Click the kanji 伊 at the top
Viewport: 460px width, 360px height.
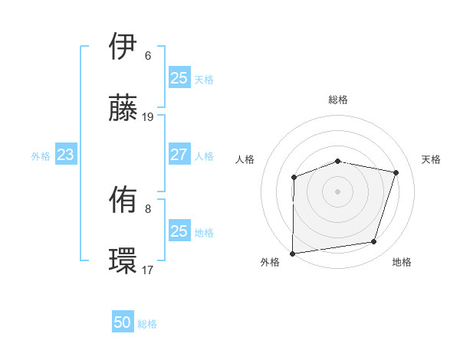pos(123,47)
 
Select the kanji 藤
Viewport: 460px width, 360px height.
pos(123,110)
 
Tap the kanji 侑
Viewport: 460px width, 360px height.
pos(123,201)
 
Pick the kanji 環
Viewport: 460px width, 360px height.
pos(123,263)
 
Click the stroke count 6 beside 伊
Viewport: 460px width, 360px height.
pos(147,56)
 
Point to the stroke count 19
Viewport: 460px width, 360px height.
pos(148,117)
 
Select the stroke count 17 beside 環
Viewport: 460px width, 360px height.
pos(148,270)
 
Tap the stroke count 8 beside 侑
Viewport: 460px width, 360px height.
pos(147,209)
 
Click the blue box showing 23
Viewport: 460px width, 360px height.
pos(65,155)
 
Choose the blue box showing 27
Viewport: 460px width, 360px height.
pos(179,155)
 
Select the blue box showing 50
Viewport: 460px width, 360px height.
pos(123,323)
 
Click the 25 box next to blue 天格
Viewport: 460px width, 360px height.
pos(179,78)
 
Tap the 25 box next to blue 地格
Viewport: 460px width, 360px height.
pos(179,231)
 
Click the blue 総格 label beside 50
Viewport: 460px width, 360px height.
pos(147,324)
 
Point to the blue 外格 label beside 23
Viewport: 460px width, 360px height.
pos(41,156)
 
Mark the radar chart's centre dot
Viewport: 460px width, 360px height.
pos(337,191)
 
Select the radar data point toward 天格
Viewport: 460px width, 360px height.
pos(396,172)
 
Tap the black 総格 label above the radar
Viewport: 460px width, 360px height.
pos(337,100)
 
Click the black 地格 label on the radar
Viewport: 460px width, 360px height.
pos(402,263)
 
